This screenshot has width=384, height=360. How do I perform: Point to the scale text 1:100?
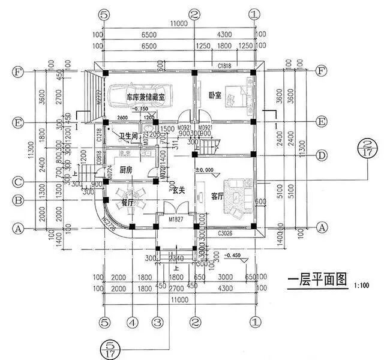click(363, 284)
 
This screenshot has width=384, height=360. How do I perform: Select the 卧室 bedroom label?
click(215, 95)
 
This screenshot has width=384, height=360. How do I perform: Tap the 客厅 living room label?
click(217, 196)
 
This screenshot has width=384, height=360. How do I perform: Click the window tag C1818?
click(225, 65)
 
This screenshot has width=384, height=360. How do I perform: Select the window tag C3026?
click(226, 232)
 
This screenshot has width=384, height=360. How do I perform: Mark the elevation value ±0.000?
click(205, 171)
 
